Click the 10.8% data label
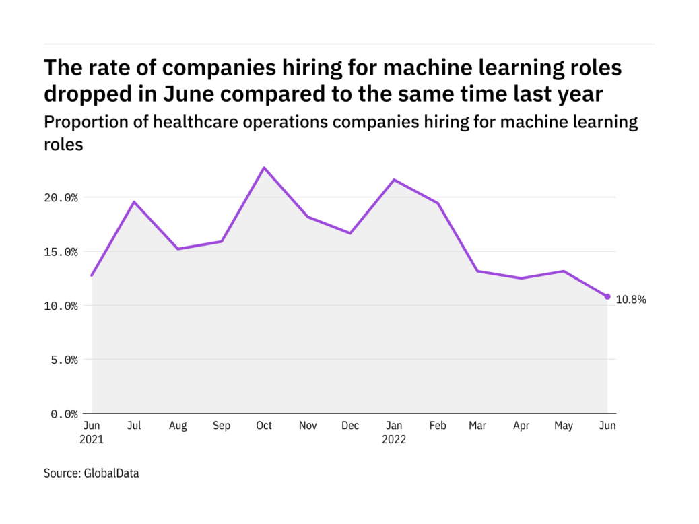coord(631,300)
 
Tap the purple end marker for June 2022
coord(607,296)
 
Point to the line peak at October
coord(264,168)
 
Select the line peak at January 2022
coord(393,180)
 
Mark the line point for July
coord(134,202)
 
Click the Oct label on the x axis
coord(264,426)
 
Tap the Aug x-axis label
coord(178,426)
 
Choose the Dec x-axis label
coord(350,426)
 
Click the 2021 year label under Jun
coord(92,439)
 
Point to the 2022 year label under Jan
coord(393,439)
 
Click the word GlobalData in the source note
coord(111,473)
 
